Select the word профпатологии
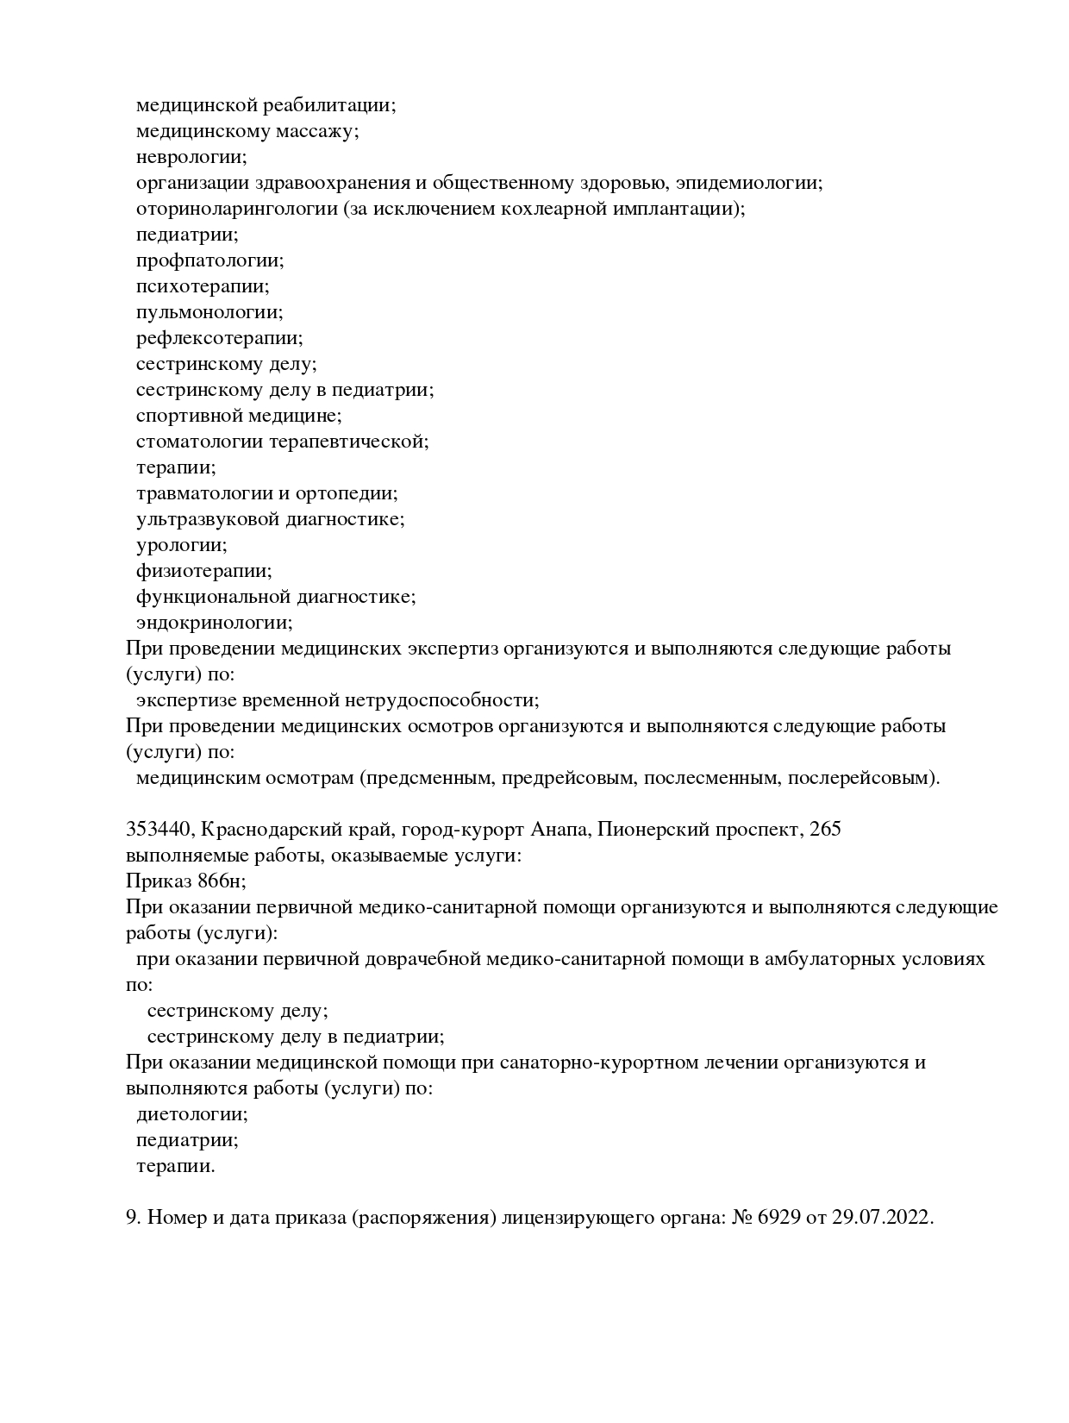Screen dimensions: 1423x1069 coord(209,260)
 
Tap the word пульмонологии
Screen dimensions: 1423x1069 coord(209,312)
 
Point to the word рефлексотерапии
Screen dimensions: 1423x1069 coord(219,338)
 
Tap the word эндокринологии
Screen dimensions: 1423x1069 coord(214,623)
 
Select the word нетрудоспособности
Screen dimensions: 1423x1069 coord(450,700)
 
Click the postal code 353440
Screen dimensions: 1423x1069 coord(161,830)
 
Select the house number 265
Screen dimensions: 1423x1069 coord(826,830)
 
